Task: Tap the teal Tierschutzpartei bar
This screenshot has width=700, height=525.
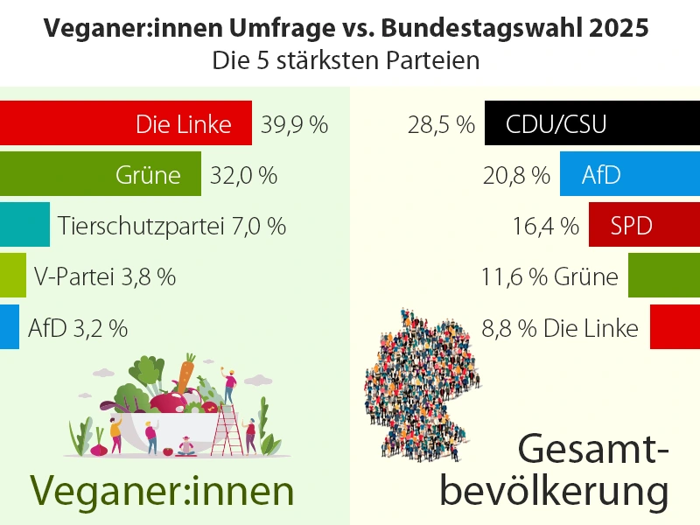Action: (24, 225)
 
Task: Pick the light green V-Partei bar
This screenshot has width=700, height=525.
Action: (13, 276)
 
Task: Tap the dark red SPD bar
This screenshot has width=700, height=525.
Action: (644, 225)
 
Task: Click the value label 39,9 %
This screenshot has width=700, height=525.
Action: (294, 124)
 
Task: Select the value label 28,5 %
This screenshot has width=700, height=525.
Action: (440, 124)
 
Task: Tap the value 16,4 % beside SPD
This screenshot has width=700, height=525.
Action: (545, 226)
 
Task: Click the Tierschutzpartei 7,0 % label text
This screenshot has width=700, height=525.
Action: (172, 226)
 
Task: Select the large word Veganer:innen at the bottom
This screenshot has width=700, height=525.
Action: (163, 490)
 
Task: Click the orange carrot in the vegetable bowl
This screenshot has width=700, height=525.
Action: (185, 373)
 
